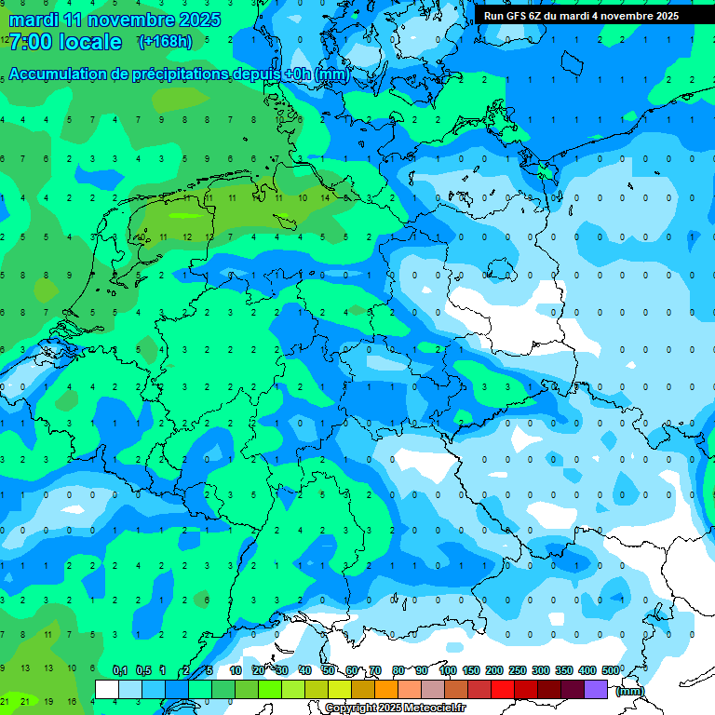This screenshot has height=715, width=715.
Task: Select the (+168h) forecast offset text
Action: pos(166,41)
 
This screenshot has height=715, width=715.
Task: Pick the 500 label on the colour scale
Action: pos(611,670)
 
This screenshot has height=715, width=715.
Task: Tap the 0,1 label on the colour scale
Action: pos(120,670)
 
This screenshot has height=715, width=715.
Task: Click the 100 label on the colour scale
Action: pos(448,670)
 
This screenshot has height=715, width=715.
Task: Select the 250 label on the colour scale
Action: pos(518,670)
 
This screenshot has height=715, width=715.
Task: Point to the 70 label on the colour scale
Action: pos(375,670)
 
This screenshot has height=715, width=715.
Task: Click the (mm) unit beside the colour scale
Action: pos(630,691)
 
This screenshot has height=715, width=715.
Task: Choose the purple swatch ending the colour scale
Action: pos(596,689)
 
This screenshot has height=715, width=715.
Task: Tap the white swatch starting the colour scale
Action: pos(107,689)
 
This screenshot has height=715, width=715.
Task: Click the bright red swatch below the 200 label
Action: pos(503,689)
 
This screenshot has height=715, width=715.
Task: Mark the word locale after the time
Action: pos(89,42)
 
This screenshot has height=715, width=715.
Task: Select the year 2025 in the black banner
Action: pos(663,16)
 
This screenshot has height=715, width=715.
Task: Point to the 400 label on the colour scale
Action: pos(587,670)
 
